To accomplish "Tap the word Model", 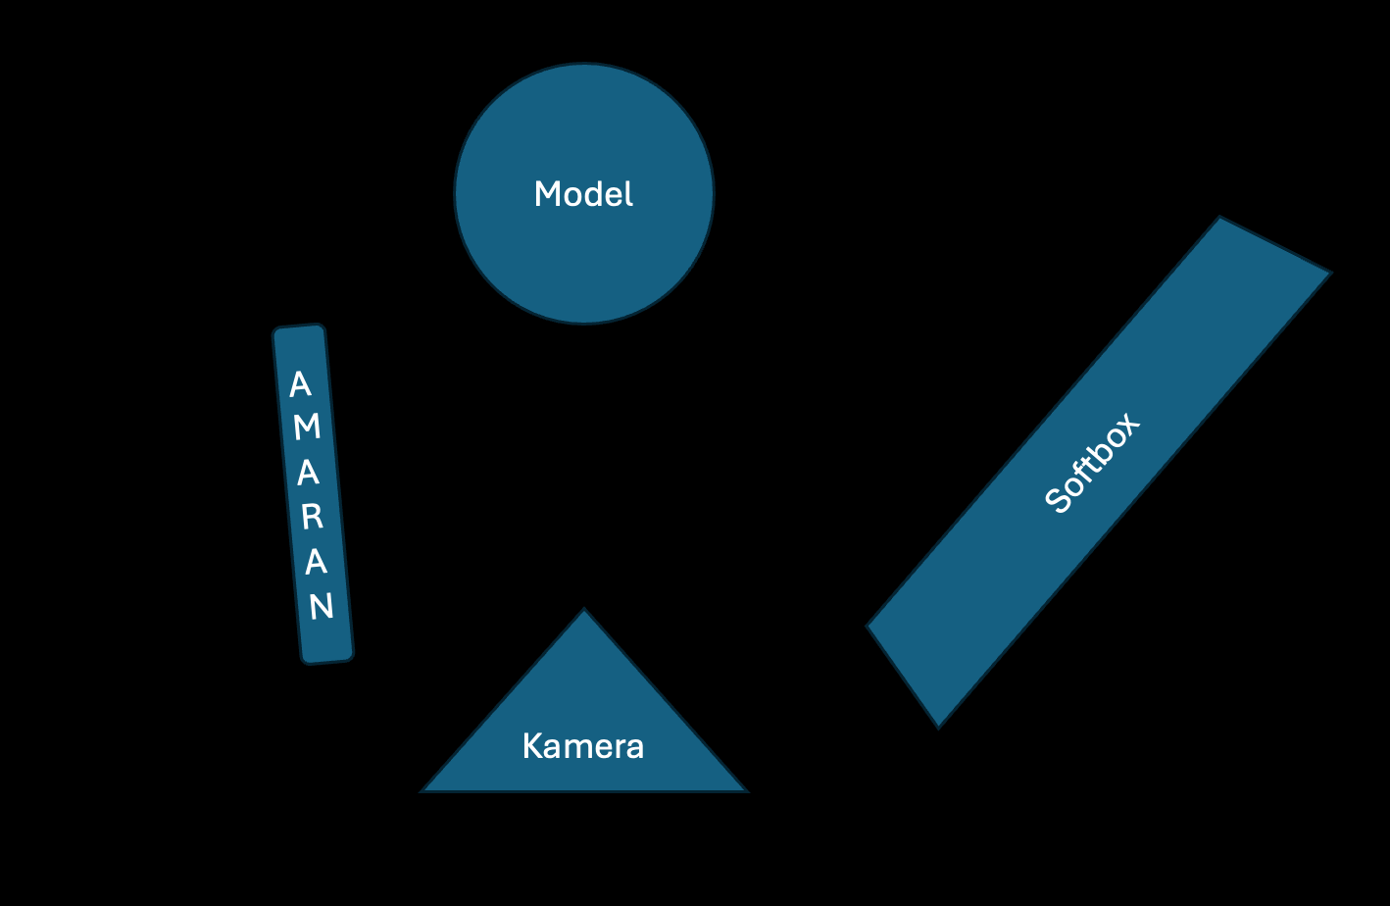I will pyautogui.click(x=583, y=194).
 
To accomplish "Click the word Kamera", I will pyautogui.click(x=583, y=746).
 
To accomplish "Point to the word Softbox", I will pyautogui.click(x=1093, y=463).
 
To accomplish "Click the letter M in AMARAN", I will pyautogui.click(x=307, y=427).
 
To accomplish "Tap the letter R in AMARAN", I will pyautogui.click(x=312, y=517).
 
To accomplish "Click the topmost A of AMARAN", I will pyautogui.click(x=300, y=383).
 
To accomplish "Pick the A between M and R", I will pyautogui.click(x=308, y=473).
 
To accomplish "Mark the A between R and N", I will pyautogui.click(x=316, y=563).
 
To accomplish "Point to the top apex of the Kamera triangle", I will pyautogui.click(x=584, y=612).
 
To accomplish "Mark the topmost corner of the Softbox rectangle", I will pyautogui.click(x=1220, y=219).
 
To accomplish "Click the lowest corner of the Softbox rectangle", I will pyautogui.click(x=938, y=726).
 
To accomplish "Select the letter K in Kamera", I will pyautogui.click(x=532, y=746).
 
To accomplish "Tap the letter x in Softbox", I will pyautogui.click(x=1127, y=426).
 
